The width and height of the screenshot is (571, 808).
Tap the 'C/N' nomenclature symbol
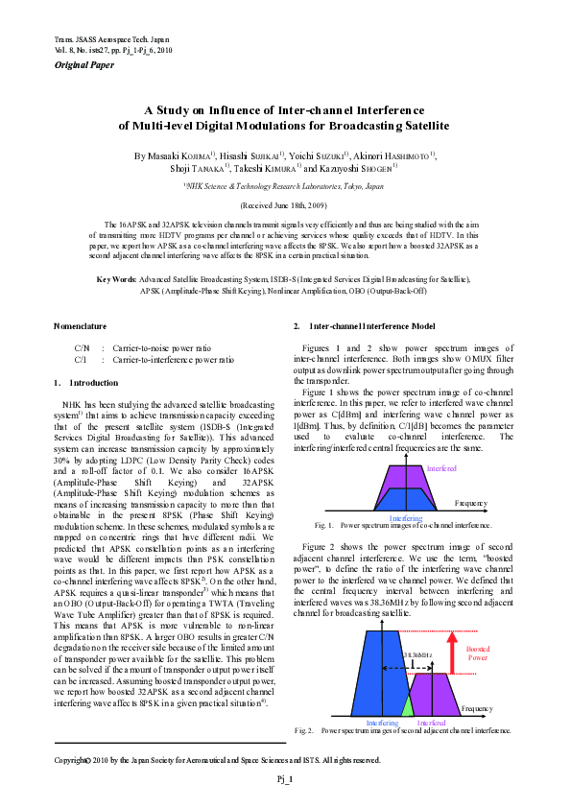pos(82,348)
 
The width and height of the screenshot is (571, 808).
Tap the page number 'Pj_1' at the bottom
pos(285,778)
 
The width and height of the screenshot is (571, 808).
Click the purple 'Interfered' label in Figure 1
pos(441,468)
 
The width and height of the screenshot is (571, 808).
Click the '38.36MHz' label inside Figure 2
pos(419,654)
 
